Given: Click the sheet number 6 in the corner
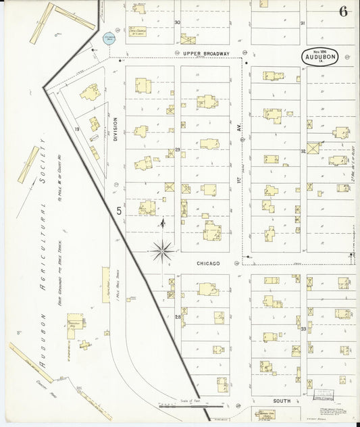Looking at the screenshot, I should click(343, 11).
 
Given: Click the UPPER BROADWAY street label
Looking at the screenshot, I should click(207, 53).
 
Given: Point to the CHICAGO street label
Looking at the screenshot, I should click(208, 263).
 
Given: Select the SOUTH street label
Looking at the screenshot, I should click(282, 401).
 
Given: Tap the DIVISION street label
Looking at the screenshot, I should click(115, 129).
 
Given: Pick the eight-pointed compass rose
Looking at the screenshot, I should click(162, 251).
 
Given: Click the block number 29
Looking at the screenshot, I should click(178, 149).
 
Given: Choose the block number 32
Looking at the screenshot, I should click(303, 151).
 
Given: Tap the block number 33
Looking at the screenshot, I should click(303, 328).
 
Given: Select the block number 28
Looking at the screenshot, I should click(178, 316).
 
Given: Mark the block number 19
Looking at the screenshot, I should click(78, 128).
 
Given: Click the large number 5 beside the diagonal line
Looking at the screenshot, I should click(118, 211).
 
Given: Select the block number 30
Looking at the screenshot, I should click(177, 22).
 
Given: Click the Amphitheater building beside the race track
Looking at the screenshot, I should click(106, 284).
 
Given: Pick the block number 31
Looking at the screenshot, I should click(303, 23).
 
